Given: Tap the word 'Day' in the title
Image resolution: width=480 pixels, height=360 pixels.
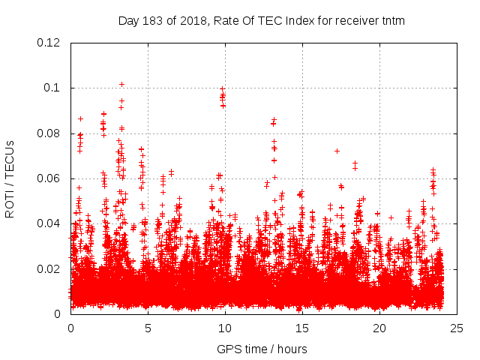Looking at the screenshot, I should tap(129, 21).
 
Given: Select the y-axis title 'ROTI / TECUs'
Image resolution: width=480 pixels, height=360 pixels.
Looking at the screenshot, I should tap(10, 178).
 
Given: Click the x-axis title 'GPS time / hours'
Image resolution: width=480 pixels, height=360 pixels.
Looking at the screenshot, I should tap(261, 349).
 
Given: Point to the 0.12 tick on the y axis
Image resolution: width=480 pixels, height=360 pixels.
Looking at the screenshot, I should tap(50, 43).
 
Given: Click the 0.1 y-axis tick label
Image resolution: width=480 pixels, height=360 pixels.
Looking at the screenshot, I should tap(54, 88).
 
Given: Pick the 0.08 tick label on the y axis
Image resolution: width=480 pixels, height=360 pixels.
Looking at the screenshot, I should tap(50, 133).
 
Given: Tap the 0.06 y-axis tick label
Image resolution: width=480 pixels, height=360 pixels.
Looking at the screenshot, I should tap(50, 178).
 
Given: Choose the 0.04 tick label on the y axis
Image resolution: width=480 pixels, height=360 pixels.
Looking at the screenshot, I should tap(50, 223).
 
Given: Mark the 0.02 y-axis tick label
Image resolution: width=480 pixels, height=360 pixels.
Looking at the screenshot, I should tap(50, 269).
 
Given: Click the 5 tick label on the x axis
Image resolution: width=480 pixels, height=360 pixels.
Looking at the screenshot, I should tap(148, 328).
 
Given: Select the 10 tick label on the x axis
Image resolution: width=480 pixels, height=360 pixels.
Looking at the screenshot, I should tap(225, 328).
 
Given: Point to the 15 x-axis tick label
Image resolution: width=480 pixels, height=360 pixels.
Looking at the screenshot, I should tap(302, 328).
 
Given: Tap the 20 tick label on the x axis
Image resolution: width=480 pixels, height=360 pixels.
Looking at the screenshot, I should tap(379, 328).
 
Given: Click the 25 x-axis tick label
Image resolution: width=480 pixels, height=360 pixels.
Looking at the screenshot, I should tap(457, 328).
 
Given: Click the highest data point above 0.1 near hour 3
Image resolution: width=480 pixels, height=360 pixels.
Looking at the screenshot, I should tap(121, 84).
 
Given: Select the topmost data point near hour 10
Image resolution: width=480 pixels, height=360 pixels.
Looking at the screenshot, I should tap(222, 88).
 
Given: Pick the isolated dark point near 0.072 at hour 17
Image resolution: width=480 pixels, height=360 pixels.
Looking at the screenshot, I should tap(337, 151).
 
